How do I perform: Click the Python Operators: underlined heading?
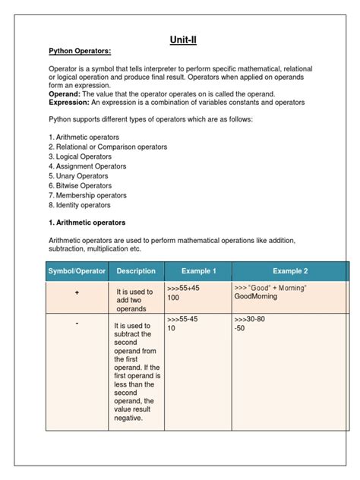coord(81,51)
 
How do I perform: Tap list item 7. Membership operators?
coord(87,195)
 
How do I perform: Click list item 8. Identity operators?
coord(80,205)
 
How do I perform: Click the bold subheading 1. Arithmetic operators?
coord(87,223)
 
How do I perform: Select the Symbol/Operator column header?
coord(77,271)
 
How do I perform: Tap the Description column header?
coord(137,271)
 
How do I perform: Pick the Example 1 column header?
coord(198,271)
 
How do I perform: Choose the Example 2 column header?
coord(290,271)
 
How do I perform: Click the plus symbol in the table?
coord(77,292)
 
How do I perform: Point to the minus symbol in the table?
coord(77,323)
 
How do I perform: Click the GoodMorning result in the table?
coord(256,297)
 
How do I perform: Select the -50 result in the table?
coord(240,329)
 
